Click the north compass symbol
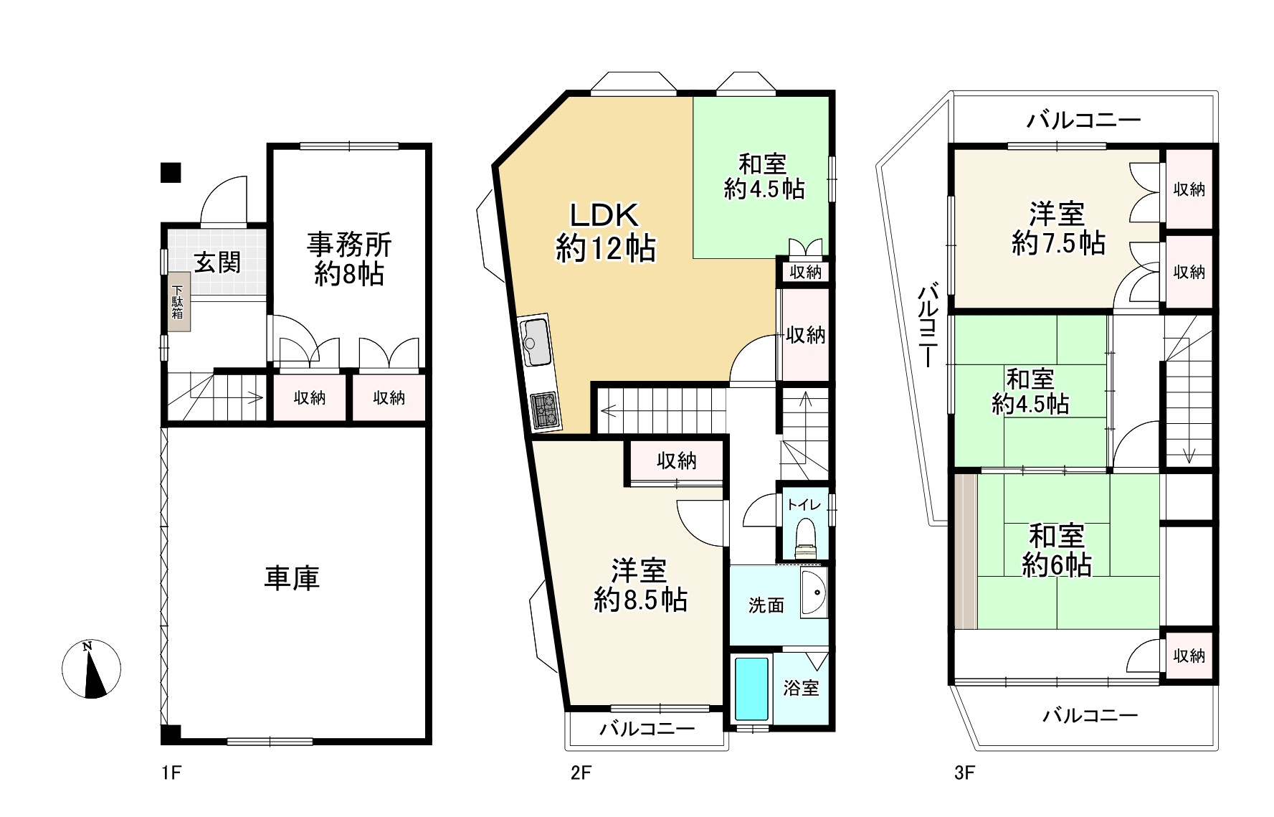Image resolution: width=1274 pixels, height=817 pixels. point(91,669)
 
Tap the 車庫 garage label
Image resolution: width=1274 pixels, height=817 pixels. point(292,578)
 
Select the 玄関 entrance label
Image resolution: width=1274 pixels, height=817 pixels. point(217,263)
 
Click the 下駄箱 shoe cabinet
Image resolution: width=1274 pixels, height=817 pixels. point(178,303)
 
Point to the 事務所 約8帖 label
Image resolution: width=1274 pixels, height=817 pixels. point(349,259)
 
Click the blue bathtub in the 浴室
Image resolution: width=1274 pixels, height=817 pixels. point(752,689)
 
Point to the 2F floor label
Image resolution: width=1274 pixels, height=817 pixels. point(581,773)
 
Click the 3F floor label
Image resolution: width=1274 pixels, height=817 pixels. point(964,773)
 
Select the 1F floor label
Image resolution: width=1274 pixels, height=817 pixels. point(171,773)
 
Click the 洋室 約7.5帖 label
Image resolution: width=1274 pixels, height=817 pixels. point(1057,229)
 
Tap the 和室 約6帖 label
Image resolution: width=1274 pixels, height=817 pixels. point(1057,551)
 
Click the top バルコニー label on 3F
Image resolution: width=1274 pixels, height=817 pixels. point(1083,120)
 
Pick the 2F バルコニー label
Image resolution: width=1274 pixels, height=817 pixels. point(647,729)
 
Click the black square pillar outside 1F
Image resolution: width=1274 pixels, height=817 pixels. point(171,173)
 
